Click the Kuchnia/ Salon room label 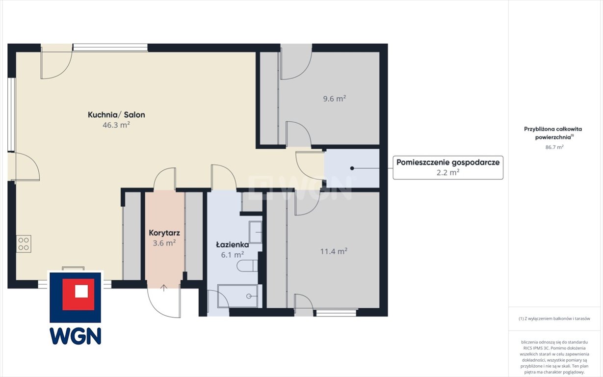click(x=116, y=115)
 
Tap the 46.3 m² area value click(x=116, y=125)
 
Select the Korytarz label click(x=164, y=233)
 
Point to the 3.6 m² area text click(x=164, y=243)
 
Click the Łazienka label click(x=233, y=245)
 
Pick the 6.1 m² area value click(x=233, y=254)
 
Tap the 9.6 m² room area click(x=334, y=99)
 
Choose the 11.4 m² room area click(x=334, y=251)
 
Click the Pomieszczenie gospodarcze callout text click(x=448, y=162)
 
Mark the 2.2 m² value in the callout click(x=448, y=172)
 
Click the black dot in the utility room click(x=352, y=168)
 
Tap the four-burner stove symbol click(x=24, y=243)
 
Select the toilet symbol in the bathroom click(x=247, y=266)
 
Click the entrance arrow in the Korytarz click(x=164, y=288)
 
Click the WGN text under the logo click(x=76, y=336)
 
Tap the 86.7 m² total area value click(x=554, y=147)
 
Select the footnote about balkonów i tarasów click(x=554, y=319)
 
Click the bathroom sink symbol click(x=255, y=232)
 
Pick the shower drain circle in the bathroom click(x=249, y=296)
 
